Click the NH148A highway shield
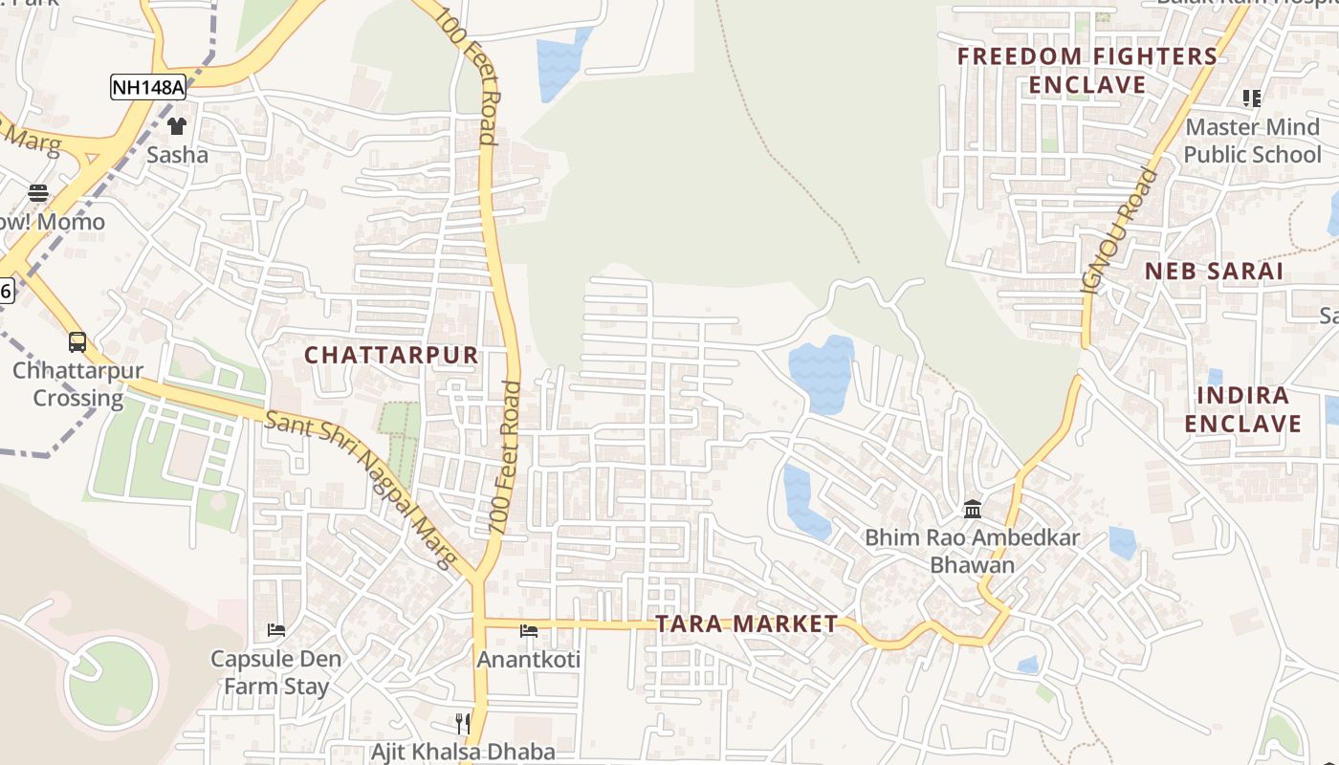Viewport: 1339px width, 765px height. click(148, 87)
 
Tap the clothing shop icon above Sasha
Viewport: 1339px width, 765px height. click(177, 125)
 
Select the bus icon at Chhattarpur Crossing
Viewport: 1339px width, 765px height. click(77, 341)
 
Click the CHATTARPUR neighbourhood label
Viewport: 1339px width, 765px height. click(391, 355)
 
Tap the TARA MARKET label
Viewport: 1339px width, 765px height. click(746, 624)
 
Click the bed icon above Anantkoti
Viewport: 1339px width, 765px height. click(528, 630)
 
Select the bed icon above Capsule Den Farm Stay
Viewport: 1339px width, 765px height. click(276, 630)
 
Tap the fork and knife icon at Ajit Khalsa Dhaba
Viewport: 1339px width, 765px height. click(463, 723)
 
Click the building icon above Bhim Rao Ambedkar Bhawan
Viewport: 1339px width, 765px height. click(973, 509)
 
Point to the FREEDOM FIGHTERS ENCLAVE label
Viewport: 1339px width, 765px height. click(1087, 71)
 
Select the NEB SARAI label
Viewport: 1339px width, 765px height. click(1214, 271)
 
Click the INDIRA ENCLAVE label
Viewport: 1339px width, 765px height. click(1243, 409)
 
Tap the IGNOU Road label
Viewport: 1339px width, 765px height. click(1118, 229)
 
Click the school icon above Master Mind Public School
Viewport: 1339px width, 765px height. click(1252, 98)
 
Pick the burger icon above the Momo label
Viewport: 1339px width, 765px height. click(38, 193)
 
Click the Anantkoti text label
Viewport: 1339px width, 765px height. click(528, 660)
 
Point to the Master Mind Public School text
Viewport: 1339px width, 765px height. click(1252, 141)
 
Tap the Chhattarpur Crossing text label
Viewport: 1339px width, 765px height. click(77, 384)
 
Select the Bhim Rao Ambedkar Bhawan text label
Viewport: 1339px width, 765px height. click(972, 551)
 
